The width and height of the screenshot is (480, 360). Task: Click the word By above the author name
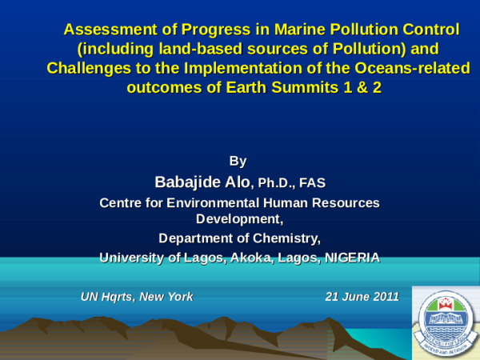238,162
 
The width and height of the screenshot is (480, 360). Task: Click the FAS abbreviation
312,183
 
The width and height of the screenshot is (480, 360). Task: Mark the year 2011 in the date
383,296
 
